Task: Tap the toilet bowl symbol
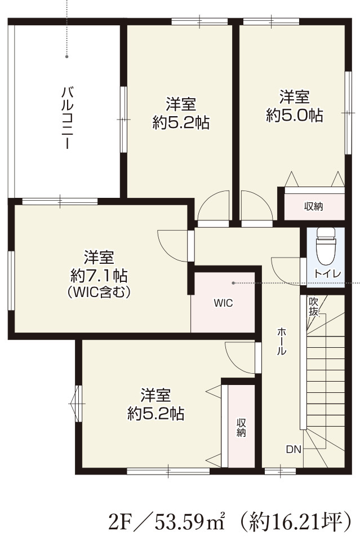[x=326, y=247]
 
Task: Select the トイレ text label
[x=327, y=274]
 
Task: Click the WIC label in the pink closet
[x=223, y=303]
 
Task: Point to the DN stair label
[x=293, y=449]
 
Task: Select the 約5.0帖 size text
[x=295, y=116]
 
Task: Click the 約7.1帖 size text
[x=99, y=276]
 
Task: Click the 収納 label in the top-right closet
[x=314, y=206]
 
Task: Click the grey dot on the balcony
[x=66, y=56]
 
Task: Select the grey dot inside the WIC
[x=232, y=282]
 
